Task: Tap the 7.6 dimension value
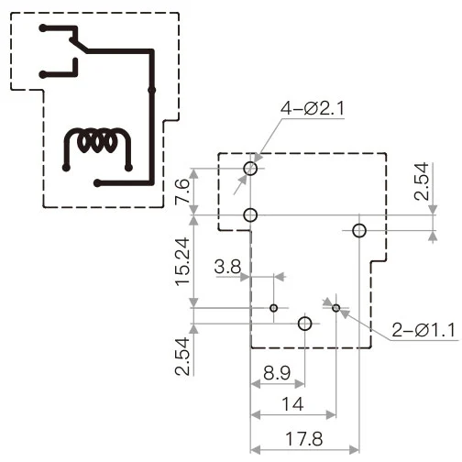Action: (x=182, y=193)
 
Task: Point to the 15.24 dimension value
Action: (x=182, y=262)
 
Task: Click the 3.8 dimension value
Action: (x=227, y=268)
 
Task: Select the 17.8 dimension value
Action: (x=303, y=438)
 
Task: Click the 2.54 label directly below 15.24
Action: (x=182, y=357)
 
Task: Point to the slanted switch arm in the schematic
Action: (x=75, y=39)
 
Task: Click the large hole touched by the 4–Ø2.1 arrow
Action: (x=251, y=168)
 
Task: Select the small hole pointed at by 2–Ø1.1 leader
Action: (x=336, y=308)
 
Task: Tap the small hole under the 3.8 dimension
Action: (x=273, y=308)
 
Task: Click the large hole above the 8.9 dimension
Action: (x=305, y=324)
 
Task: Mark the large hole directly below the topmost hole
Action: (x=251, y=215)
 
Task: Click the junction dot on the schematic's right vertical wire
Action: (x=151, y=90)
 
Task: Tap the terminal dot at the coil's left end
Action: (x=66, y=168)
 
